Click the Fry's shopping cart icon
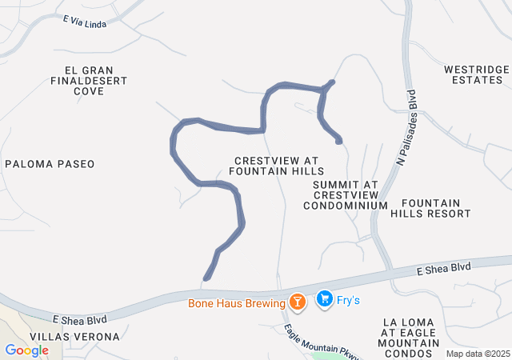[x=324, y=299]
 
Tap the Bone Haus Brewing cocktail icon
[x=298, y=302]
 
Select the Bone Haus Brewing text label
[x=237, y=303]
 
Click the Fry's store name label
[x=349, y=300]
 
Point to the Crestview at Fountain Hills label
[x=276, y=166]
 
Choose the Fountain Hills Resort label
[x=430, y=208]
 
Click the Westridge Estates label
[x=476, y=75]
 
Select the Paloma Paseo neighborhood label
[x=50, y=164]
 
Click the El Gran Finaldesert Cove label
[x=89, y=81]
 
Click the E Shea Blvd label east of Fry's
[x=444, y=269]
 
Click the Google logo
[x=27, y=350]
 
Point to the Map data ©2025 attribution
[x=478, y=354]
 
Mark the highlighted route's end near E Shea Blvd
[x=206, y=278]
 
